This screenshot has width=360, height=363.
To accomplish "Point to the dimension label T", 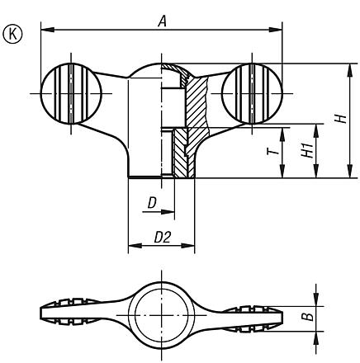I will pyautogui.click(x=271, y=153).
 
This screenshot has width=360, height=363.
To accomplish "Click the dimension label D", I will pyautogui.click(x=152, y=202).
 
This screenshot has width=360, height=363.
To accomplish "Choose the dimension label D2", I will pyautogui.click(x=162, y=237).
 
